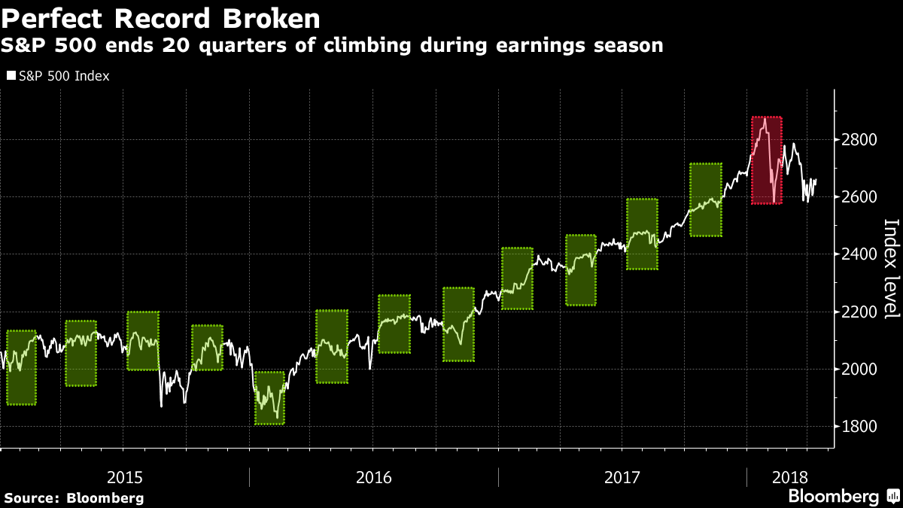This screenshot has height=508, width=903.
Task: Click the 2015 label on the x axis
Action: [x=125, y=477]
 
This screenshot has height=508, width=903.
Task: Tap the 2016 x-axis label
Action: [x=374, y=477]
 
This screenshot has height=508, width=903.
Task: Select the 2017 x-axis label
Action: [x=622, y=477]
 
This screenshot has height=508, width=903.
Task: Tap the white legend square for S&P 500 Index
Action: [x=11, y=76]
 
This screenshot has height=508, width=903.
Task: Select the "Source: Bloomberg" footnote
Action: [x=74, y=497]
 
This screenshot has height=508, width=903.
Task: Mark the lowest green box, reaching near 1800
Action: [x=269, y=398]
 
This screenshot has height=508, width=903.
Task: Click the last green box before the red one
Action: [x=705, y=199]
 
